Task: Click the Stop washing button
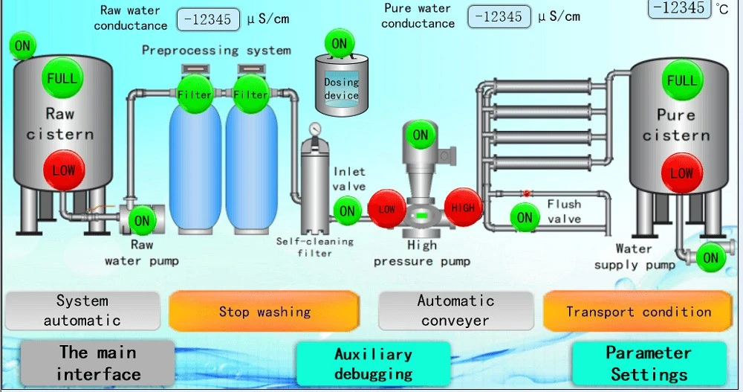[264, 312]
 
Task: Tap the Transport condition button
[637, 312]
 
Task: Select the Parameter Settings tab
[649, 364]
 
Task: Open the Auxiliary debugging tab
[374, 364]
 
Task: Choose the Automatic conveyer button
[456, 310]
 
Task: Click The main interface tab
[97, 363]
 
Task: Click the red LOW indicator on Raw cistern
[63, 171]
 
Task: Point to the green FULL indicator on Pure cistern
[682, 80]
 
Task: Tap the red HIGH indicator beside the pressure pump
[462, 208]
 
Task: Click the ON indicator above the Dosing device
[340, 44]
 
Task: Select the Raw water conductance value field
[208, 19]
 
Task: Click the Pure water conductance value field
[499, 17]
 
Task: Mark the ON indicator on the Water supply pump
[710, 257]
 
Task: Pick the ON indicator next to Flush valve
[525, 217]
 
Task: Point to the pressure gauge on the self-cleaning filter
[314, 129]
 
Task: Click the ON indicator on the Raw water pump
[142, 220]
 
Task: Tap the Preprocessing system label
[216, 51]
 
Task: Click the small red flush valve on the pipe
[527, 193]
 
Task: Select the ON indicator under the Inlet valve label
[347, 211]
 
